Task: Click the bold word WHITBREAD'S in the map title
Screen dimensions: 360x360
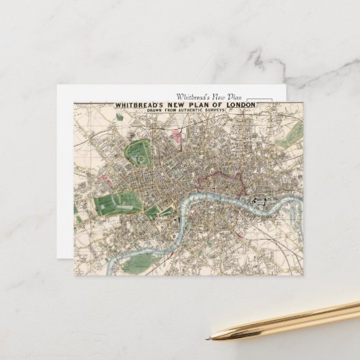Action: point(140,105)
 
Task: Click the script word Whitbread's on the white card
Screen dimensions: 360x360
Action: point(193,97)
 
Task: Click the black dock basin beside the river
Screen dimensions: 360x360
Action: point(261,201)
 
